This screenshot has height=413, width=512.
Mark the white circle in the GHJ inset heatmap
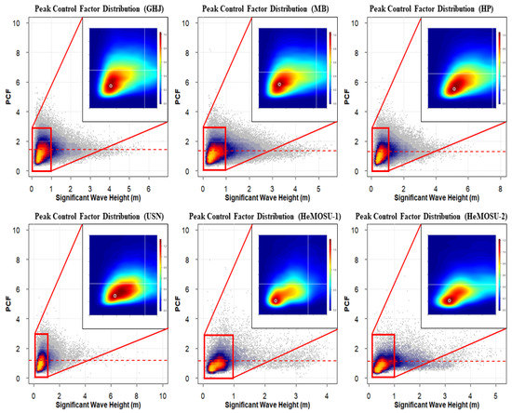(110, 86)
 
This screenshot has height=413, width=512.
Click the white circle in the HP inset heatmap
(453, 88)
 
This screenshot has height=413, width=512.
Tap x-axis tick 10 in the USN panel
(164, 393)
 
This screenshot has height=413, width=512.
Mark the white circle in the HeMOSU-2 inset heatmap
(449, 300)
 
